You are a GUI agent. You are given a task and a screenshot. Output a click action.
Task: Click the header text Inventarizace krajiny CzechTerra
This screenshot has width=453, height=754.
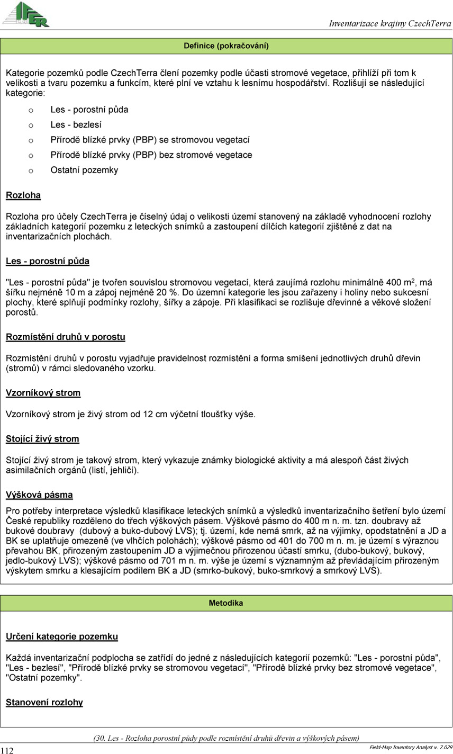pyautogui.click(x=390, y=24)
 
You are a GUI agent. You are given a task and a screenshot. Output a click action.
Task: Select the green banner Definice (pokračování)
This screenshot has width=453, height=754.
pyautogui.click(x=226, y=46)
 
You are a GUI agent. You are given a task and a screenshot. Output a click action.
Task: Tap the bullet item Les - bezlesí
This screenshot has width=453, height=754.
pyautogui.click(x=76, y=125)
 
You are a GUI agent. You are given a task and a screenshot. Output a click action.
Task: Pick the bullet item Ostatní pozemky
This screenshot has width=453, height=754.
pyautogui.click(x=84, y=170)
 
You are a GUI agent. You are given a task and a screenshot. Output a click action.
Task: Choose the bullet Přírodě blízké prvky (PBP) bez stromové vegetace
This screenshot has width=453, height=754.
pyautogui.click(x=151, y=155)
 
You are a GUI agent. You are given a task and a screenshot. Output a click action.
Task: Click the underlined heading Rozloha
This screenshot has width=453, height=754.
pyautogui.click(x=23, y=195)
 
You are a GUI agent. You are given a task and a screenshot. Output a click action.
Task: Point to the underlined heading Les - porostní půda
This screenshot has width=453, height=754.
pyautogui.click(x=48, y=261)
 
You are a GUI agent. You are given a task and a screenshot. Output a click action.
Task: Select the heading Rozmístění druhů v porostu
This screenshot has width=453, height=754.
pyautogui.click(x=66, y=337)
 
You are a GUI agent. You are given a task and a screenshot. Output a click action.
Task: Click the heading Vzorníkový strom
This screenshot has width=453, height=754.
pyautogui.click(x=43, y=393)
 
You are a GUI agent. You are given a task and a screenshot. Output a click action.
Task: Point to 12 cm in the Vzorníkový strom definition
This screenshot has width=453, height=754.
pyautogui.click(x=153, y=414)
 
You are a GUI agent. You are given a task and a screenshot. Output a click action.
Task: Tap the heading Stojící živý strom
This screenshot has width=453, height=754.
pyautogui.click(x=42, y=439)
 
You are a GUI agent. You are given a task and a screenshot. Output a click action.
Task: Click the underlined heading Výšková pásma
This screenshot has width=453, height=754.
pyautogui.click(x=39, y=495)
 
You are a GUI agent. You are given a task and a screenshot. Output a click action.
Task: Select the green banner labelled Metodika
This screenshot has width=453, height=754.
pyautogui.click(x=226, y=603)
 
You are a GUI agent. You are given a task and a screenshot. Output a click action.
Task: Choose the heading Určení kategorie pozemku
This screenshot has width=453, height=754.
pyautogui.click(x=62, y=636)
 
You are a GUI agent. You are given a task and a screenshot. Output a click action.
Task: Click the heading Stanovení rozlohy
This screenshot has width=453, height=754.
pyautogui.click(x=44, y=703)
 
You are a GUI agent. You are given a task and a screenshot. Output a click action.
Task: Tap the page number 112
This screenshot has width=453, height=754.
pyautogui.click(x=7, y=750)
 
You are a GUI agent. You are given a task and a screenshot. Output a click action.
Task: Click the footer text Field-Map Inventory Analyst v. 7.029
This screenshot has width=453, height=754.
pyautogui.click(x=411, y=747)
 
